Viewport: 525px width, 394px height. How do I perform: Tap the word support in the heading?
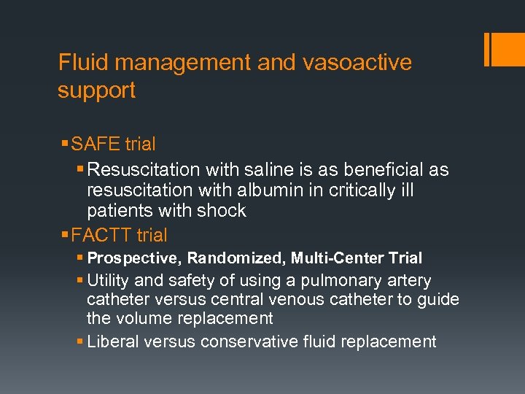point(97,91)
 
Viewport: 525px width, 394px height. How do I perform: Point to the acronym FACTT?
point(107,235)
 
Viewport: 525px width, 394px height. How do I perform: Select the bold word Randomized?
point(236,258)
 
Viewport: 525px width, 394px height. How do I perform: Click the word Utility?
point(107,281)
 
